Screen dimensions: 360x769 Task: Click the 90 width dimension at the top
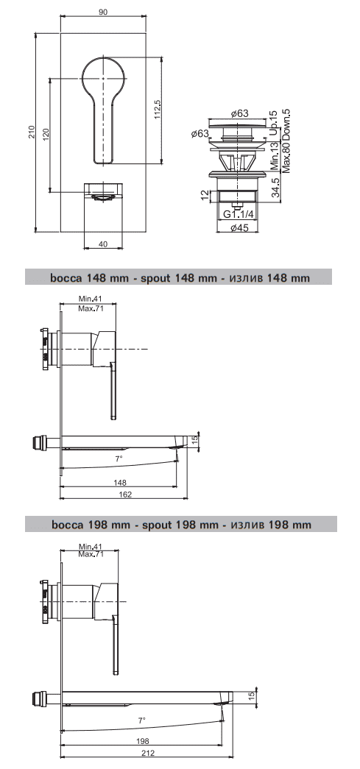point(103,13)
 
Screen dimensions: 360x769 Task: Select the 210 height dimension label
point(30,132)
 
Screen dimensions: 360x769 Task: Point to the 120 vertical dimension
point(46,135)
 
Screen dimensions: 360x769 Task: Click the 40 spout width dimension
point(102,244)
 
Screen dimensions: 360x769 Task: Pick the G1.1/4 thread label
point(239,214)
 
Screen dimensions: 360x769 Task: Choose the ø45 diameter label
point(239,227)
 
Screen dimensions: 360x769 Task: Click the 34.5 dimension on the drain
point(275,186)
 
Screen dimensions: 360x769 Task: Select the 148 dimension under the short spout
point(119,483)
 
